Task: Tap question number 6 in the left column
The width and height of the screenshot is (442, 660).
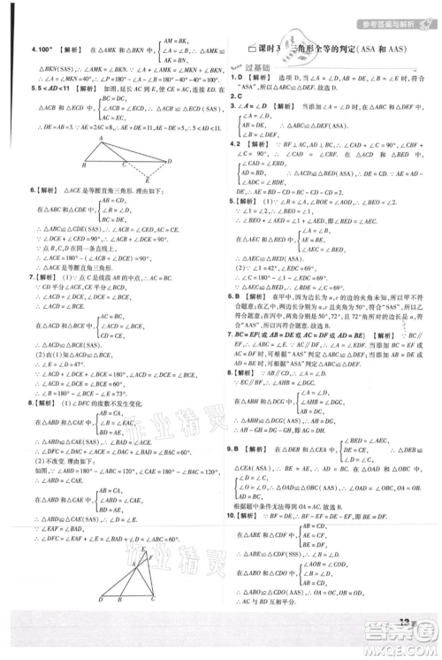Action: click(33, 190)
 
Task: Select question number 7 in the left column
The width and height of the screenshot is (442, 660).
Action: click(33, 277)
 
